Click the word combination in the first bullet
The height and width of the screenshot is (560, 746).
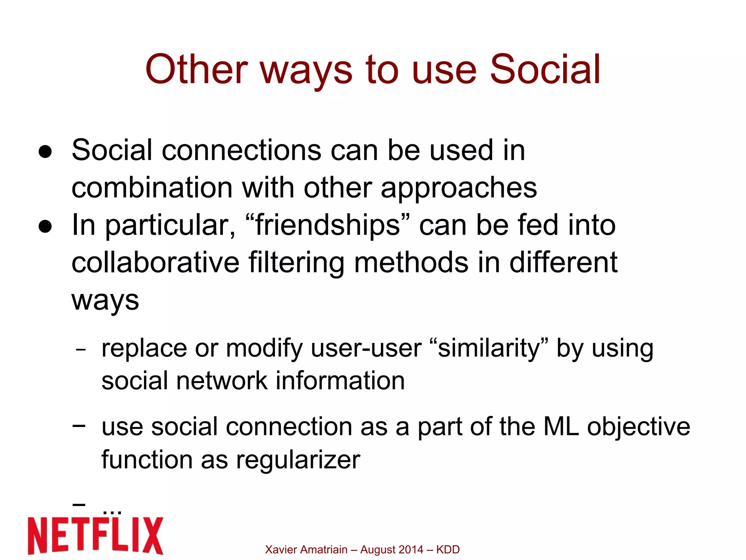(x=152, y=188)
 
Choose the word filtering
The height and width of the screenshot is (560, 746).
(x=296, y=263)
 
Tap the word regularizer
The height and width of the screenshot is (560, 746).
(x=298, y=460)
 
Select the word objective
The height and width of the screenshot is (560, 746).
(x=639, y=427)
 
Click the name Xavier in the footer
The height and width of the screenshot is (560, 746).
(x=280, y=549)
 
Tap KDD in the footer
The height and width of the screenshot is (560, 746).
(x=448, y=549)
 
